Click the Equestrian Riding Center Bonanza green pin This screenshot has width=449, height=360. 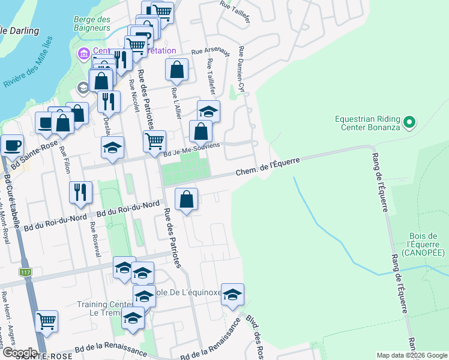pos(409,123)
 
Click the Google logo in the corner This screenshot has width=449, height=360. pos(19,352)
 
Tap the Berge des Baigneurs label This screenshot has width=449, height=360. pos(92,23)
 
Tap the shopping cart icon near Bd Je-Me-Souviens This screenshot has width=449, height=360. pos(154,142)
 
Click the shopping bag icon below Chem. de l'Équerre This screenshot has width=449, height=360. pos(187,199)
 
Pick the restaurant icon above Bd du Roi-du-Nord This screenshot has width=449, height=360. pos(80,192)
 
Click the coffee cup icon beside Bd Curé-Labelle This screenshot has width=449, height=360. pos(13,145)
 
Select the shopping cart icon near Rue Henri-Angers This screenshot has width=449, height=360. pos(46,321)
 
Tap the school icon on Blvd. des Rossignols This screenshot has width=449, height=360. pos(232,295)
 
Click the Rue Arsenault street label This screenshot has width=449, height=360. pos(210,52)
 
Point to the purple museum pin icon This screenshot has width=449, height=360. pos(83,54)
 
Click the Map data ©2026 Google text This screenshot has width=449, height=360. pos(411,355)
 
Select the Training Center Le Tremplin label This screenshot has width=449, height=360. pos(100,308)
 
